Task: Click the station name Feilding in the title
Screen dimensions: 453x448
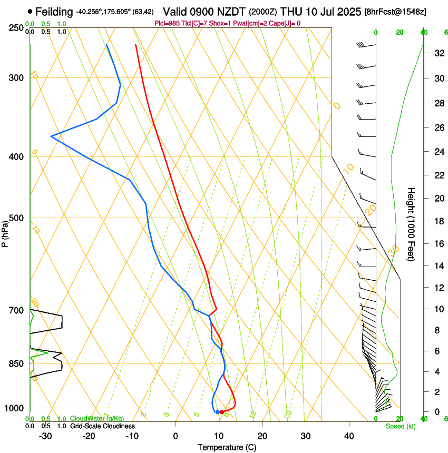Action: [54, 11]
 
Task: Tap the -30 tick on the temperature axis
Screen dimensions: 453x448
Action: [45, 436]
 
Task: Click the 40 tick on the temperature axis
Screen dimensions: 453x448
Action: [348, 436]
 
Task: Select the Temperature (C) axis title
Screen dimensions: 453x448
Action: [227, 447]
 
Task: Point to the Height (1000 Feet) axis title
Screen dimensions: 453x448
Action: [412, 224]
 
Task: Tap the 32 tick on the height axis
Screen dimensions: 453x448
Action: [439, 53]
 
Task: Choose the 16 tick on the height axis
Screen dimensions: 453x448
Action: [439, 243]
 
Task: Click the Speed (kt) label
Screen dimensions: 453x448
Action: [401, 426]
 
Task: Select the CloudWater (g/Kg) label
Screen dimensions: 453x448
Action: [97, 419]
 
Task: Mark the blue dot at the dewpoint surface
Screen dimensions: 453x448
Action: [217, 412]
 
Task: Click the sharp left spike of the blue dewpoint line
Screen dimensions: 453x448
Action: [51, 136]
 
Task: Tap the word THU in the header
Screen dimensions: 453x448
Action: [290, 11]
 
